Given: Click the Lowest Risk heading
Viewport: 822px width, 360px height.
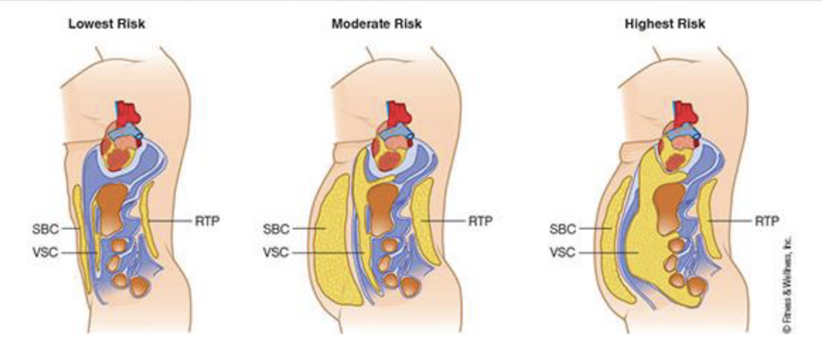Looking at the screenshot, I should click(x=107, y=25).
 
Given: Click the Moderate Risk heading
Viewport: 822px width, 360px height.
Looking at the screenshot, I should click(x=376, y=25).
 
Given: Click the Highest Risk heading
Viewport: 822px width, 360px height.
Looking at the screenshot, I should click(x=664, y=25).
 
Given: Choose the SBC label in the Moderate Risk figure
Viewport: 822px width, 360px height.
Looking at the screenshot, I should click(x=275, y=229).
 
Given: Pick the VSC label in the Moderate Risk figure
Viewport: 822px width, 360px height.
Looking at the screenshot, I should click(x=275, y=252).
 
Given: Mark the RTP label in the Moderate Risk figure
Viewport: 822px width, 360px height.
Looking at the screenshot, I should click(x=482, y=221).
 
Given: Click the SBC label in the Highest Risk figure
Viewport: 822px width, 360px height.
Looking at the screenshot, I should click(x=563, y=229).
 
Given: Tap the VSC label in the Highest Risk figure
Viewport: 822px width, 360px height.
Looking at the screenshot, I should click(x=563, y=252).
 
